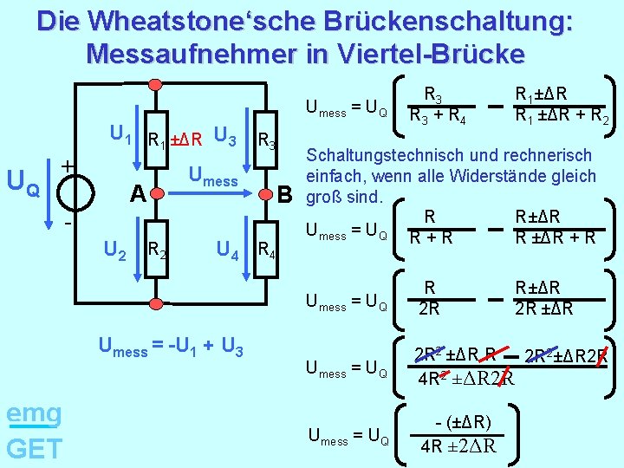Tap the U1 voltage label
[120, 135]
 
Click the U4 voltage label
[229, 252]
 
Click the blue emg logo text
[34, 413]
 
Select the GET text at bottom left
[34, 448]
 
